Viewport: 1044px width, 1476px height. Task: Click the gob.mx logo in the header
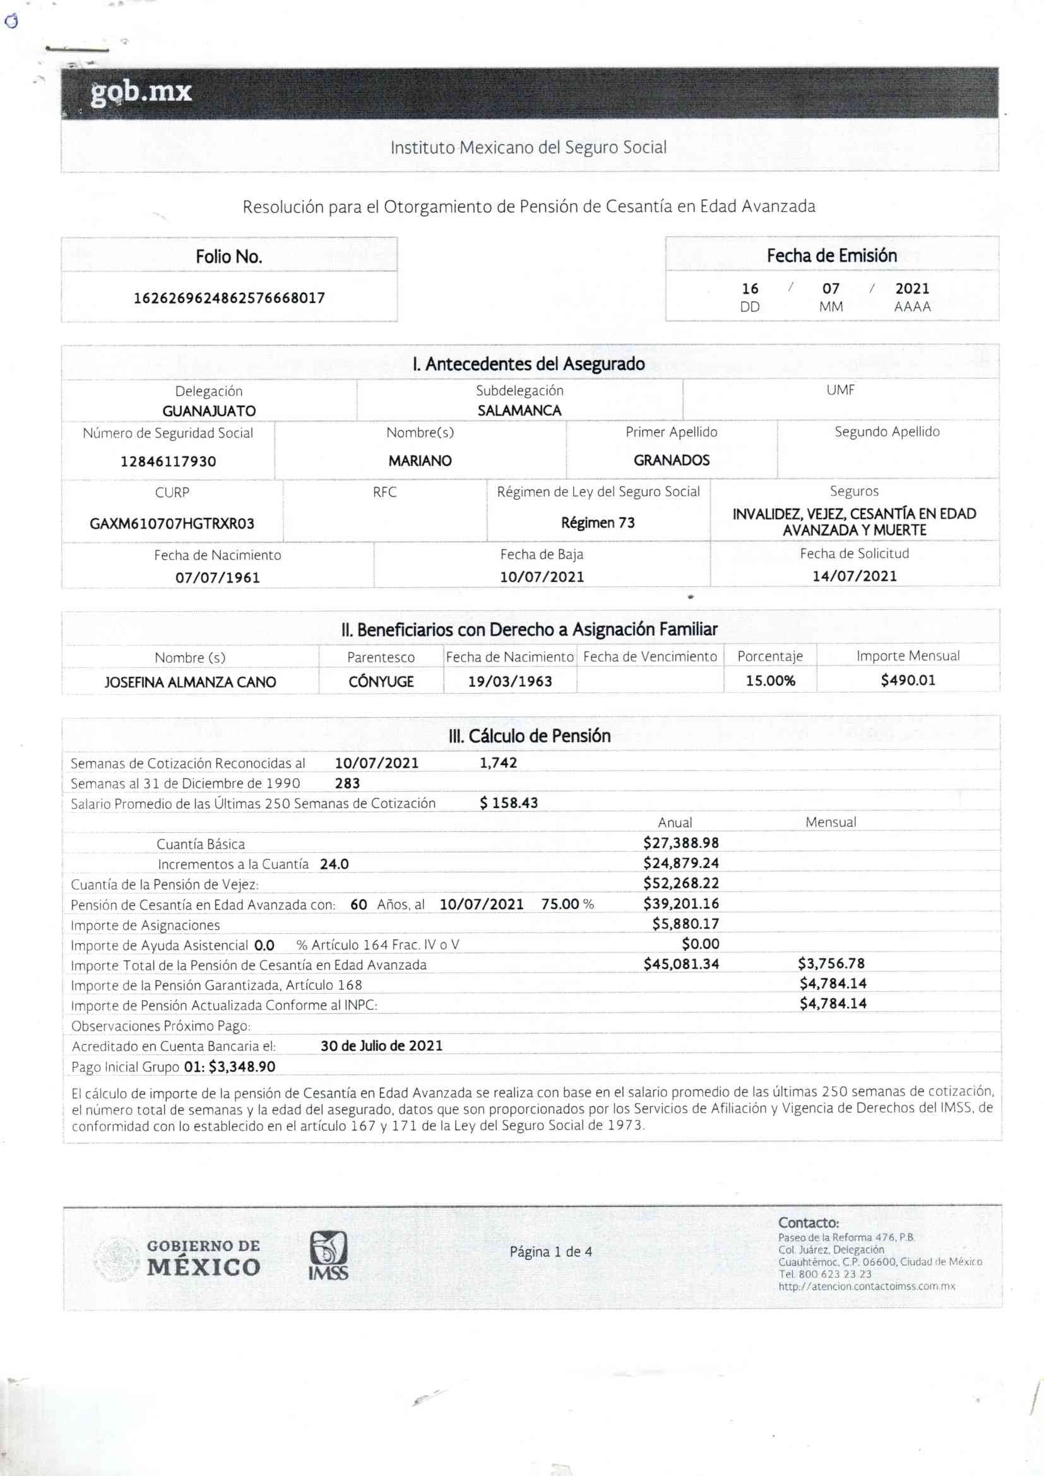(141, 92)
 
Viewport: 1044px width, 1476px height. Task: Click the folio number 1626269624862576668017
(229, 298)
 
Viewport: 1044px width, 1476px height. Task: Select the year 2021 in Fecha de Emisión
(911, 289)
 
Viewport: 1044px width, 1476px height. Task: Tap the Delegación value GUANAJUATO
(209, 411)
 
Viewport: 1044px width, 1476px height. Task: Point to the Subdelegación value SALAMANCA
(519, 410)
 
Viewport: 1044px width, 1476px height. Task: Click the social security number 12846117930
(169, 461)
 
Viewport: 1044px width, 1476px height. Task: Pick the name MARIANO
(420, 461)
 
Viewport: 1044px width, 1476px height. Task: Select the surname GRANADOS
(671, 460)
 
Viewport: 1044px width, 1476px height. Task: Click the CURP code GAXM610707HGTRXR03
(172, 523)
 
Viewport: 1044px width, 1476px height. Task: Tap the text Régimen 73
(598, 523)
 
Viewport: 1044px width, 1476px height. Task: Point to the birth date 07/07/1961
(218, 577)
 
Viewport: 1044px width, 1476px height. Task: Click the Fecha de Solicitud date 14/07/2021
(855, 575)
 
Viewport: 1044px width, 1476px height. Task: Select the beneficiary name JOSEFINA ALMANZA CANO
(190, 682)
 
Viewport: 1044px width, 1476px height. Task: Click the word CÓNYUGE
(381, 681)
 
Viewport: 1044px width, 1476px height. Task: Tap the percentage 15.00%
(770, 681)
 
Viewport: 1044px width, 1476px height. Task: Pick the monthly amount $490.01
(908, 679)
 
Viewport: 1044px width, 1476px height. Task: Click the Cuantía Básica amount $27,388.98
(681, 843)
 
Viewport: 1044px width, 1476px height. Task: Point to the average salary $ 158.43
(509, 803)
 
